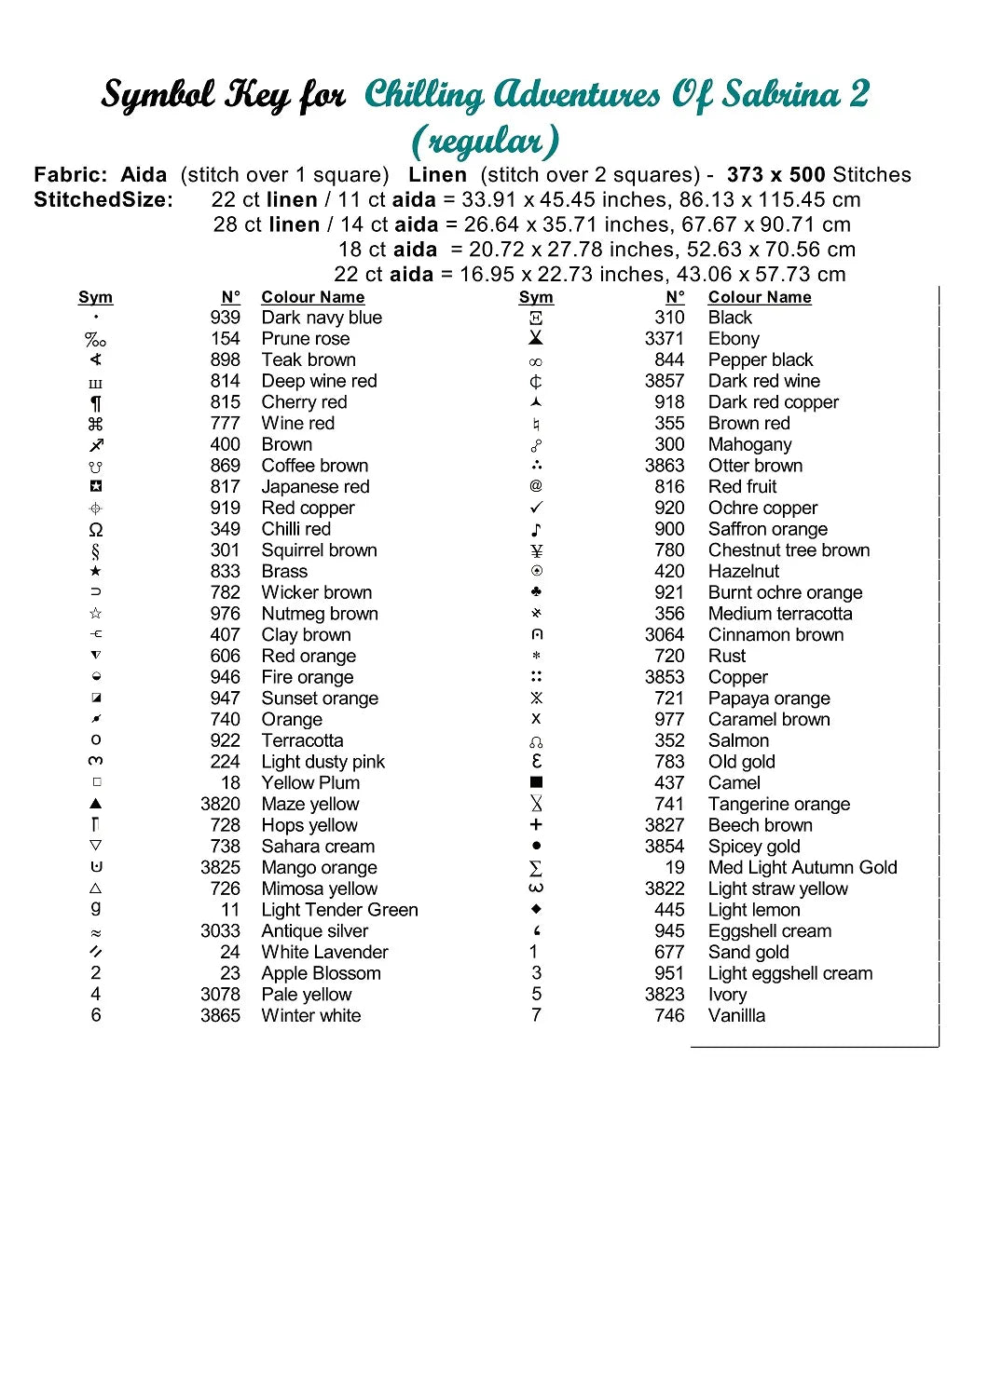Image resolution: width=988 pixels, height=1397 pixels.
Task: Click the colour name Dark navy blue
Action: pos(322,318)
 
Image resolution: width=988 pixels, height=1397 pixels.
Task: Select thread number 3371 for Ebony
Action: pos(664,339)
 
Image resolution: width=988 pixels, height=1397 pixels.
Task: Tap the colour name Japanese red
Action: pos(315,487)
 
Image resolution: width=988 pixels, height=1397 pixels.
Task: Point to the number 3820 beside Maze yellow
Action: pos(220,805)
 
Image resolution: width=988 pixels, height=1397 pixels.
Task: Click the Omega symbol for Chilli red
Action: pos(95,530)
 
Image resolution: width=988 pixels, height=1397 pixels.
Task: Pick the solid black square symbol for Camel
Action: pos(536,783)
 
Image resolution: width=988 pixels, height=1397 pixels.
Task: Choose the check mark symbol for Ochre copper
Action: pos(536,509)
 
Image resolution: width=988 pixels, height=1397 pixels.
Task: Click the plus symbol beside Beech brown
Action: pos(536,825)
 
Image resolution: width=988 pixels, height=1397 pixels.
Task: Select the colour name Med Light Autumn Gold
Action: pos(803,868)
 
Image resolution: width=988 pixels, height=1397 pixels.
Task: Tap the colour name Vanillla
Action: pos(736,1016)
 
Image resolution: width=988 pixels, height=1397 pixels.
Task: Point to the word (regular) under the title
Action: pos(486,141)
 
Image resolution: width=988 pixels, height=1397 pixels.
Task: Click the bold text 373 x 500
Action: pos(775,175)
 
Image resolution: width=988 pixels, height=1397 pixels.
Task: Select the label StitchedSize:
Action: pos(103,200)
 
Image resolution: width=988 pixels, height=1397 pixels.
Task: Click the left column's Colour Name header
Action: pos(312,297)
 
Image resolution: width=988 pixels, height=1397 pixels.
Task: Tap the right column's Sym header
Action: pos(536,297)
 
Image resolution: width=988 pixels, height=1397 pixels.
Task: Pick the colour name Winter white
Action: pos(310,1016)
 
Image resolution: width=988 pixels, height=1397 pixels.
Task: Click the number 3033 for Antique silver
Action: pos(220,931)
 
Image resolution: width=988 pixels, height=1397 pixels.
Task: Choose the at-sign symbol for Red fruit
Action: pos(536,486)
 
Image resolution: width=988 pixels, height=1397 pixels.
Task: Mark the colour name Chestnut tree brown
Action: pos(789,550)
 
